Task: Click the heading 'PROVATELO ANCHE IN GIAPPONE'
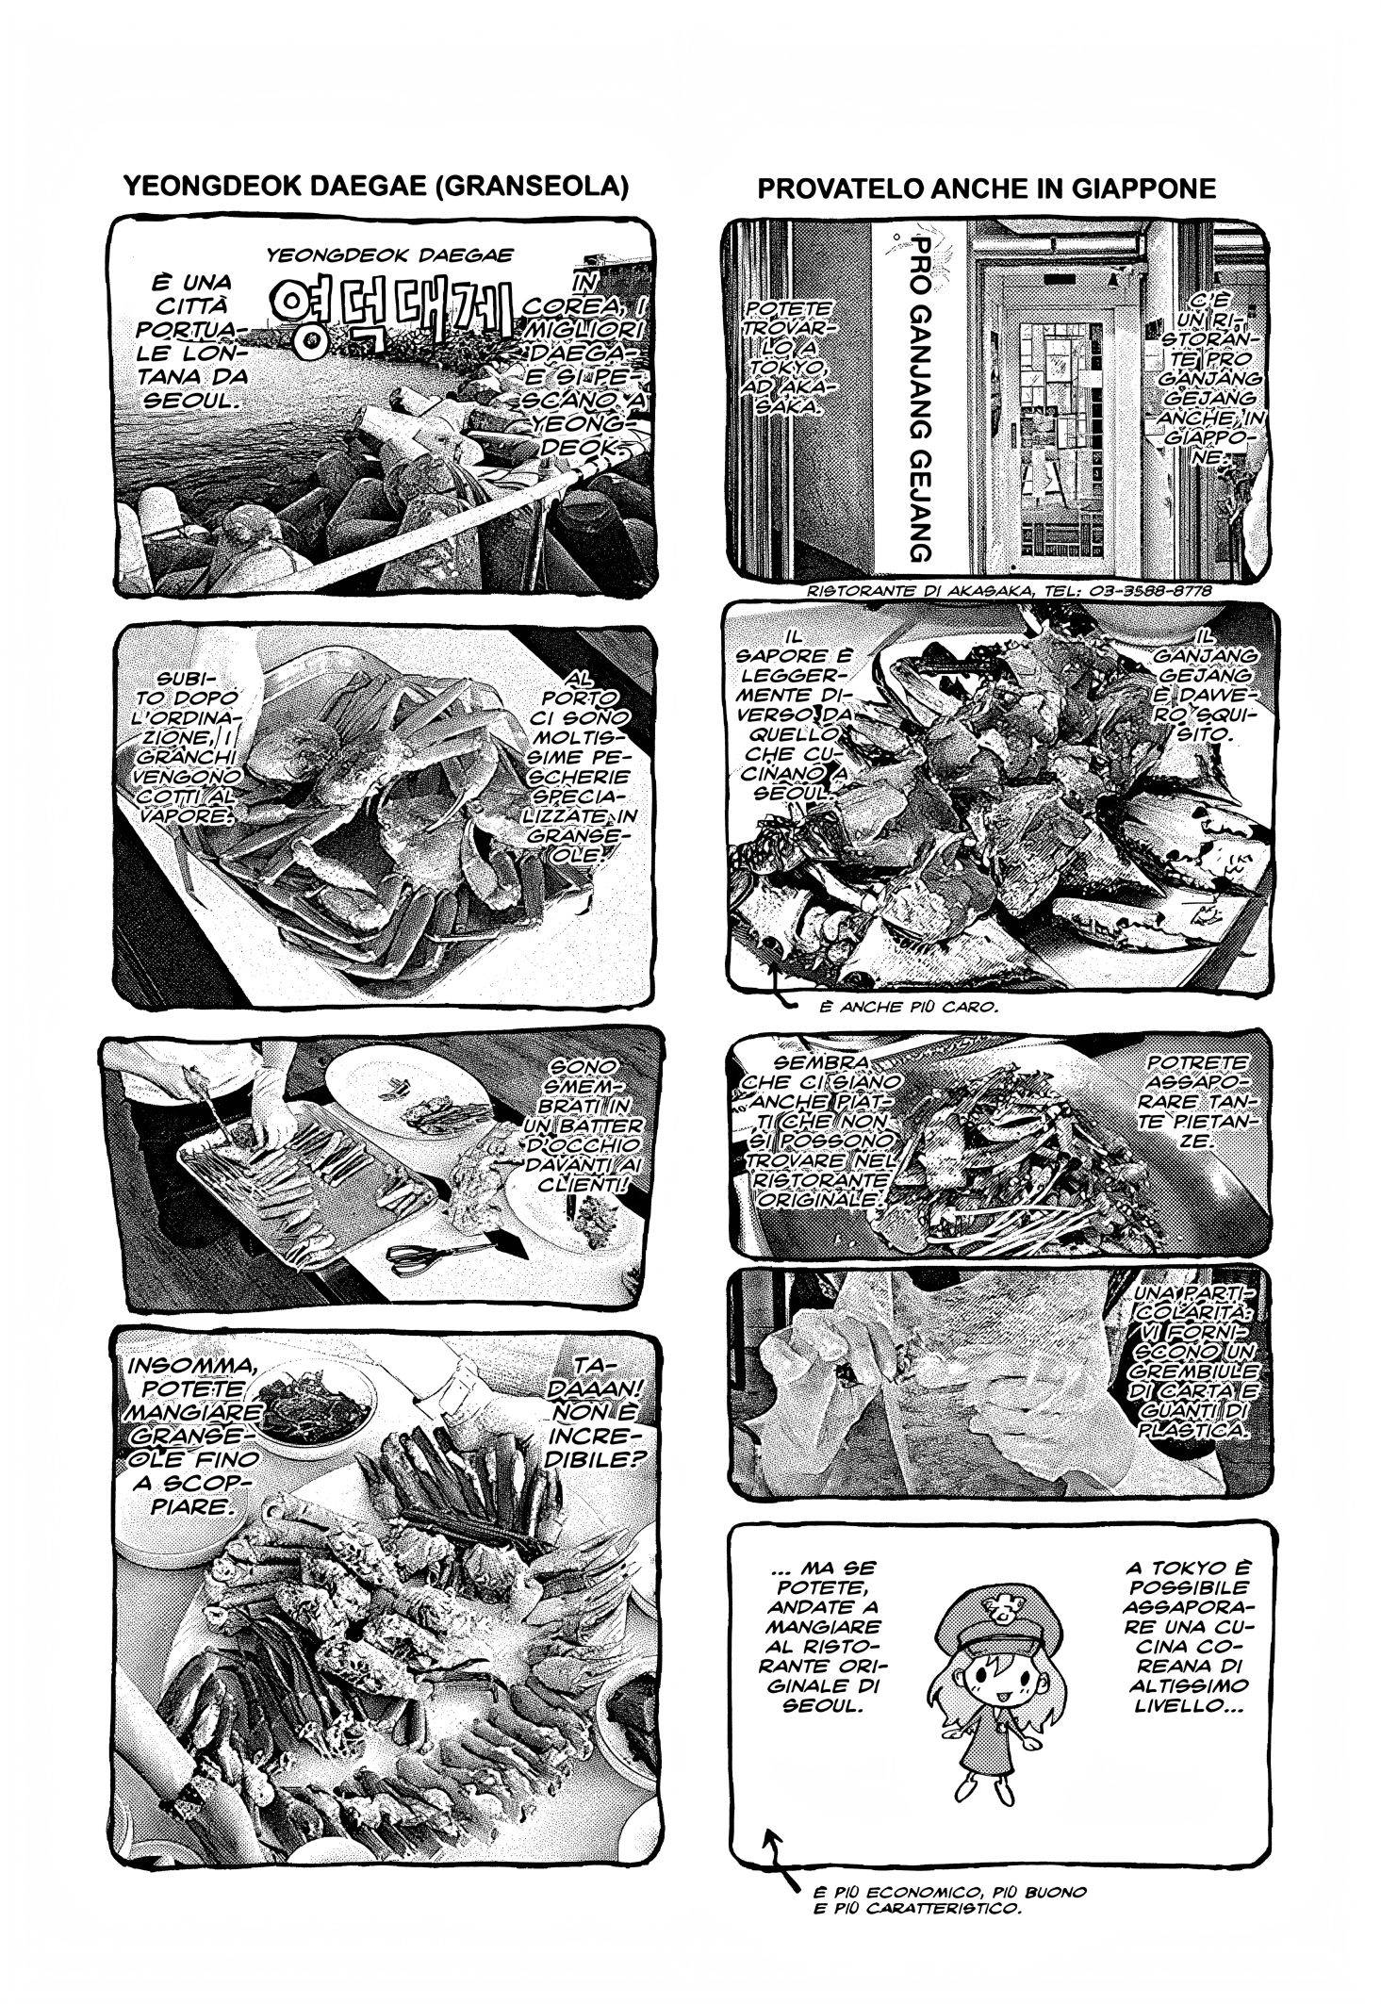[986, 189]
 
